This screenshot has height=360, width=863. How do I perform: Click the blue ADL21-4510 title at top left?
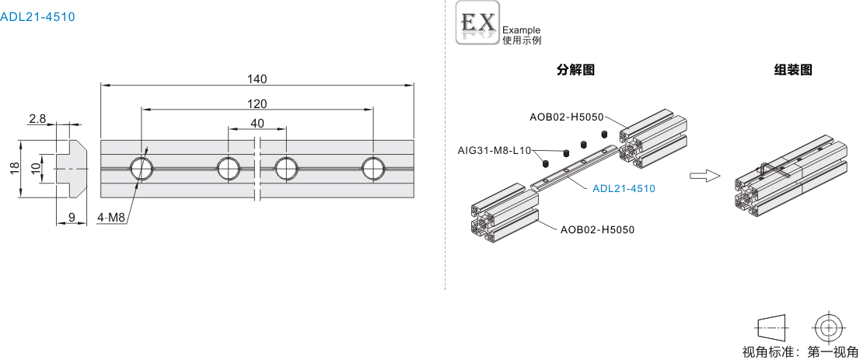point(38,16)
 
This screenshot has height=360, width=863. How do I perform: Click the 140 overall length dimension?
point(257,79)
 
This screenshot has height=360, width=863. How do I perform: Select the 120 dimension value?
point(257,104)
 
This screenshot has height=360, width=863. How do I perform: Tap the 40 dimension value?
point(257,123)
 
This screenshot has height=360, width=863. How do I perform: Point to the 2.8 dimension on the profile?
point(37,118)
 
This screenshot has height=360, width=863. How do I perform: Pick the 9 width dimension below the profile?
point(72,218)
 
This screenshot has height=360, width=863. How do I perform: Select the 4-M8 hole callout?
point(112,218)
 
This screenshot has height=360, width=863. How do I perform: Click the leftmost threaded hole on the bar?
point(142,168)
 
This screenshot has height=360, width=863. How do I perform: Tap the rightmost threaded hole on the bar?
point(373,168)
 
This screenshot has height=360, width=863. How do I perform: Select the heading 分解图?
point(576,70)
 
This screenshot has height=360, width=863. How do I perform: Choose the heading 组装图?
point(793,70)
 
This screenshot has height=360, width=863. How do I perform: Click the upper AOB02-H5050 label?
point(567,117)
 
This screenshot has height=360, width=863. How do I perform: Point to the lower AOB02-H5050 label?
point(598,229)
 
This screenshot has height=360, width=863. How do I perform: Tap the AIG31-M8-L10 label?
point(494,150)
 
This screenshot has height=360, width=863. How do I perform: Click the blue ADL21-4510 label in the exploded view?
point(624,188)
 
